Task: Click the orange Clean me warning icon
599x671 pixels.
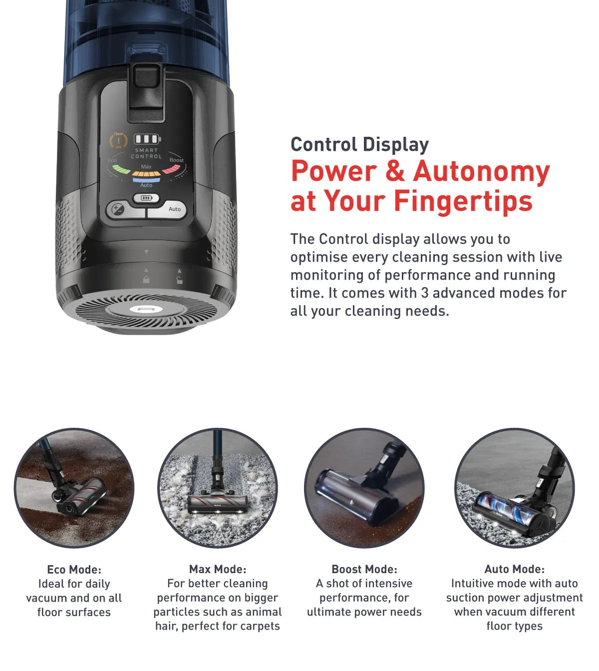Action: tap(118, 140)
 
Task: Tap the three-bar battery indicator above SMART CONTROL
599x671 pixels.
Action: tap(147, 139)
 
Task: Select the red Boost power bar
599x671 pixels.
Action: tap(171, 169)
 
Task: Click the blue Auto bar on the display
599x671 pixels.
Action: tap(146, 180)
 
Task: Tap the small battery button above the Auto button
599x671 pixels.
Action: tap(146, 198)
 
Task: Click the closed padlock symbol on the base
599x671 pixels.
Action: tap(146, 280)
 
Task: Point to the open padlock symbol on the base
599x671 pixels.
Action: tap(179, 280)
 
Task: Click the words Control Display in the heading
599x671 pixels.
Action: tap(359, 145)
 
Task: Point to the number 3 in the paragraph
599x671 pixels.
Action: tap(424, 293)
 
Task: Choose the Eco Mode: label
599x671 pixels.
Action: tap(74, 569)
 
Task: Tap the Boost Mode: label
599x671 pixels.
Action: tap(364, 569)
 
